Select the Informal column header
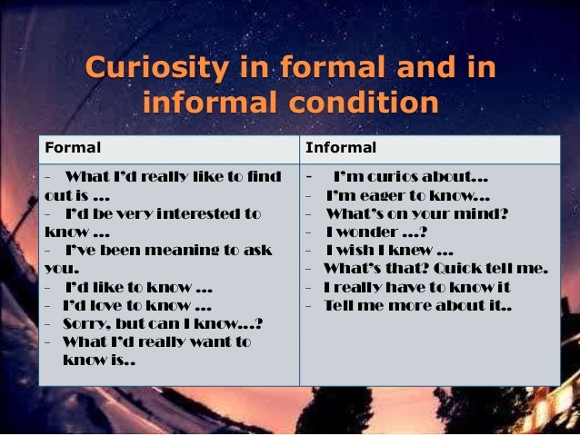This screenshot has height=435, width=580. [x=340, y=147]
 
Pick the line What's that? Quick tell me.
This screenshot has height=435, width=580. [x=435, y=269]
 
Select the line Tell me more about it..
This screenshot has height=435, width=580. [x=418, y=306]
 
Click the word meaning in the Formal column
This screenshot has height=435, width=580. [x=172, y=251]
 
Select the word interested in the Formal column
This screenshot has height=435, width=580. [x=190, y=213]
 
